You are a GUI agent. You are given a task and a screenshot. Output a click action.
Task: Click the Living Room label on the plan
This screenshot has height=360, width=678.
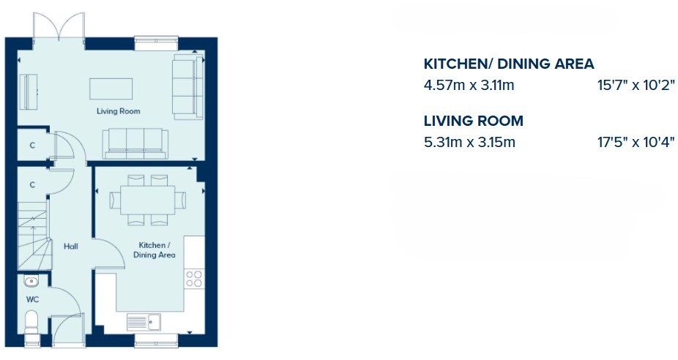118,111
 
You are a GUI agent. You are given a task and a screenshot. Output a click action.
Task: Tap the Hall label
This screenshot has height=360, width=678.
71,247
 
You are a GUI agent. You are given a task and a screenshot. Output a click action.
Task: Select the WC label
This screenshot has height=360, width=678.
32,299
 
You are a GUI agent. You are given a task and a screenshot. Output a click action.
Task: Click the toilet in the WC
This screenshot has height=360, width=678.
31,323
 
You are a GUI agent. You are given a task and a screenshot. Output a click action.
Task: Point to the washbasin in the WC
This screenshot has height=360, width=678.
31,282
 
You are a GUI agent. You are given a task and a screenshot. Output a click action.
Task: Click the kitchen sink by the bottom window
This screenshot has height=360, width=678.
144,322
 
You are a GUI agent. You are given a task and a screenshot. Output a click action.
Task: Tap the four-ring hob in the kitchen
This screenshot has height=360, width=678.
194,278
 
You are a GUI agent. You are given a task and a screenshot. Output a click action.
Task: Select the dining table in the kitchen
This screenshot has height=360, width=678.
148,200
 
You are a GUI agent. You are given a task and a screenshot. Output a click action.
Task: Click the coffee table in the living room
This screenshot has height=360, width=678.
111,89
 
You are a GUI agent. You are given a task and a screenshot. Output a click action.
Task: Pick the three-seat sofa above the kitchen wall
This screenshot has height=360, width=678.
135,144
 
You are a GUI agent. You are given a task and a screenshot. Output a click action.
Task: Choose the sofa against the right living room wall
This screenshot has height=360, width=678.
188,86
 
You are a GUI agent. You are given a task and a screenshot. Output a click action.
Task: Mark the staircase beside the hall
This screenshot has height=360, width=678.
33,236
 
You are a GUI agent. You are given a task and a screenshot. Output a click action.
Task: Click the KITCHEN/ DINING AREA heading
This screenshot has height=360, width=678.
509,64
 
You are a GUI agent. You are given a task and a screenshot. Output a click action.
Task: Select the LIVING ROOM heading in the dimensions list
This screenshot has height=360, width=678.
474,121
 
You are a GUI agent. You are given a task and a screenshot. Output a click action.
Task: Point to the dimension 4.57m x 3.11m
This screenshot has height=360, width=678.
469,85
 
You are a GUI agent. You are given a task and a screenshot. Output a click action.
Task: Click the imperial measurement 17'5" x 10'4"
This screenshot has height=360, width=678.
636,142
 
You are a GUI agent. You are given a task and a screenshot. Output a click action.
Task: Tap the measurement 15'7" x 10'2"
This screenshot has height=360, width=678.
636,85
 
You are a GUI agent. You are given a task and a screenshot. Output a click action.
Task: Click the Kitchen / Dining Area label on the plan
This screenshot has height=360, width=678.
154,250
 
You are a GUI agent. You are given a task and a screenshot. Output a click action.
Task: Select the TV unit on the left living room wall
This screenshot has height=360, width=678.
29,92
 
